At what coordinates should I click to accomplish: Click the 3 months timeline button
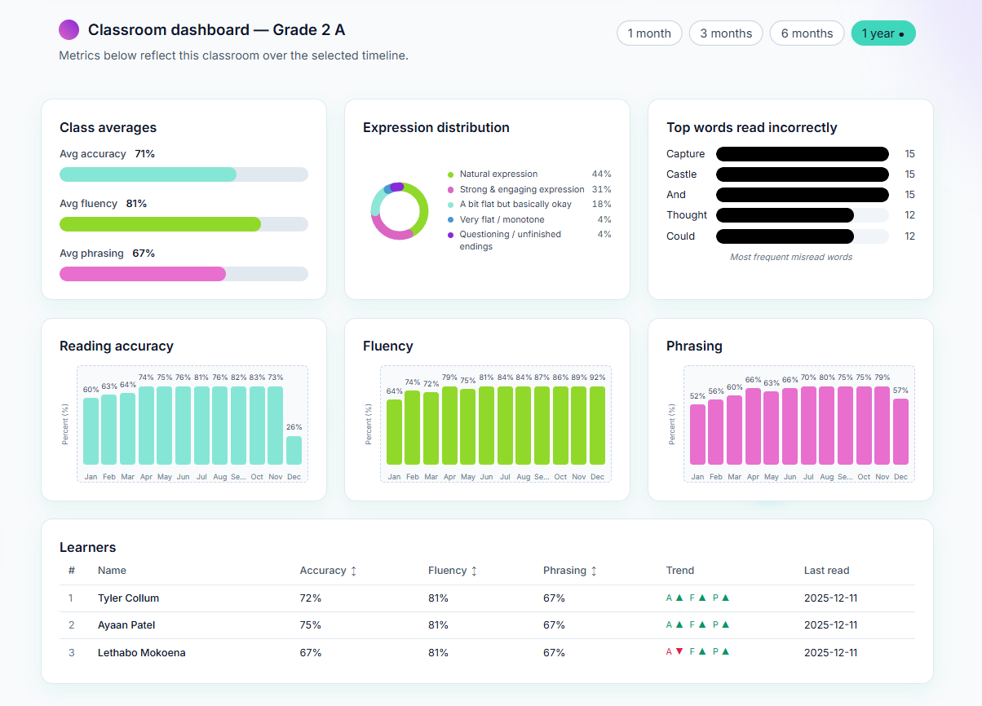click(726, 33)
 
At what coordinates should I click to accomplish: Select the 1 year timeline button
click(882, 33)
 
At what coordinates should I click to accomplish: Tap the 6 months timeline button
click(807, 33)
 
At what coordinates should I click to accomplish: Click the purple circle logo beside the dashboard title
click(69, 30)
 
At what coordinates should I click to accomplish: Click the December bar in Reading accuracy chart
click(294, 450)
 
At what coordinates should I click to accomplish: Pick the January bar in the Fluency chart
click(394, 432)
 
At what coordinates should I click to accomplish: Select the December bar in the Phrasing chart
click(900, 431)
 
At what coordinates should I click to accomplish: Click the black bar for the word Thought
click(785, 215)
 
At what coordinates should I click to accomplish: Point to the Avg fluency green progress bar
click(160, 224)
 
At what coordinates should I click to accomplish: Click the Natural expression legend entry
click(498, 174)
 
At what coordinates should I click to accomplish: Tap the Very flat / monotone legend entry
click(501, 220)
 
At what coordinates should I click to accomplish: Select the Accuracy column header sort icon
click(353, 571)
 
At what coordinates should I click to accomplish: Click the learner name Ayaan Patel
click(126, 625)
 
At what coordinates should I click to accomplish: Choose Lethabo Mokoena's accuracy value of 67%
click(311, 653)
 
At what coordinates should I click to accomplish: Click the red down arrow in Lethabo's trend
click(679, 652)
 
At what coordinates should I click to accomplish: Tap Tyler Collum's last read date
click(830, 598)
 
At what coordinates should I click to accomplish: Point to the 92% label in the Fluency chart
click(598, 377)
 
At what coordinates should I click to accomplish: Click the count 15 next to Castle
click(909, 174)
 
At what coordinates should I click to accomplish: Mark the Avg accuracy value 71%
click(144, 154)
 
